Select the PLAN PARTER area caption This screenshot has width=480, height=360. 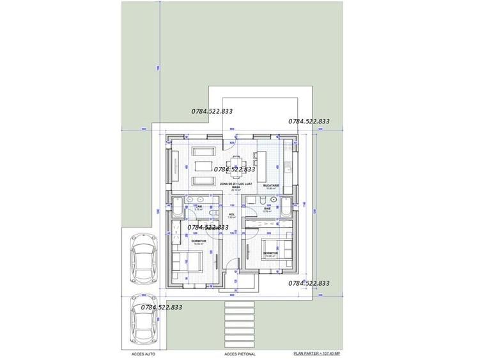(316, 352)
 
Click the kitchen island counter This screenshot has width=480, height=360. (262, 162)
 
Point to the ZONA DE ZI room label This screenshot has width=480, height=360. (227, 185)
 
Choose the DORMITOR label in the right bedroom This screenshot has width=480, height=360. (270, 253)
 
